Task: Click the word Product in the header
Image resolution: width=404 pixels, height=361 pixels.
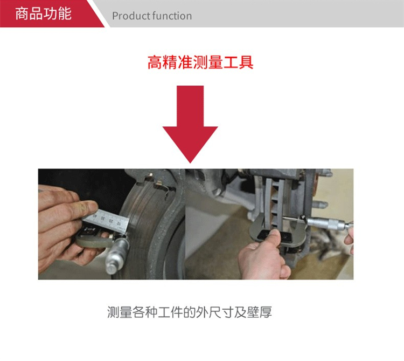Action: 130,16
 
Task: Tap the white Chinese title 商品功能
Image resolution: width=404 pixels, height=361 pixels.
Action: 43,13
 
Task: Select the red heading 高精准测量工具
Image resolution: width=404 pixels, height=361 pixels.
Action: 200,62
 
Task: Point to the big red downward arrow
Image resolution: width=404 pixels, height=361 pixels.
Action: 190,124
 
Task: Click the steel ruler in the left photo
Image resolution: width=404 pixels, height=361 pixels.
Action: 106,220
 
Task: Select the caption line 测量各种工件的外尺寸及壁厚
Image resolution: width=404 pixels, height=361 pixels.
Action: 190,312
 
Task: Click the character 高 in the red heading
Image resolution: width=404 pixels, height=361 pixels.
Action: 155,62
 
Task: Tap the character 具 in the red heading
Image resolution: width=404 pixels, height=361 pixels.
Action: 246,62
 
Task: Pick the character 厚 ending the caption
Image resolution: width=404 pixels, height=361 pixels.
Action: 266,312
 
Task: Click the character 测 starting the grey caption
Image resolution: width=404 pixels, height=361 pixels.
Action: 113,312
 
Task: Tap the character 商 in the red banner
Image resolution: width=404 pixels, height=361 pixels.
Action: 22,13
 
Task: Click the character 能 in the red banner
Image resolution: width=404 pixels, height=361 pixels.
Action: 65,13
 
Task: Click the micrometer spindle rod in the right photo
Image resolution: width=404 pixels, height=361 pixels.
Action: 294,219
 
